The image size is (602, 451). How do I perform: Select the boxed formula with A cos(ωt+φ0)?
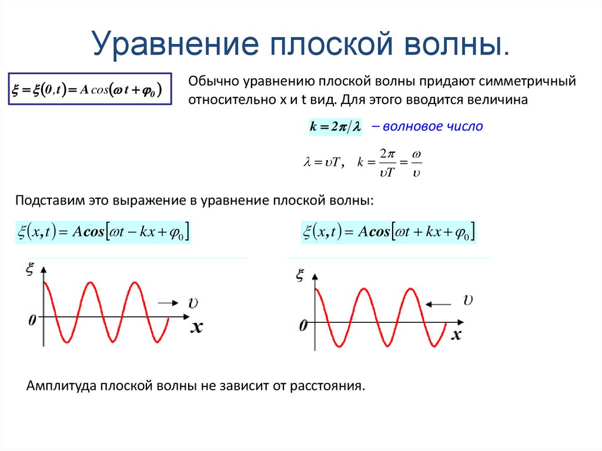click(x=89, y=89)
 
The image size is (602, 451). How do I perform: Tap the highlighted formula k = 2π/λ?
click(x=335, y=126)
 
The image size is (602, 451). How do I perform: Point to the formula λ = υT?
click(x=321, y=163)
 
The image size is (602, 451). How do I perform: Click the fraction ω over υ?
click(x=416, y=163)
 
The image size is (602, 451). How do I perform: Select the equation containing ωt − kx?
click(x=103, y=232)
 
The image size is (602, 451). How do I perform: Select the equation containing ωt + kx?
click(x=389, y=232)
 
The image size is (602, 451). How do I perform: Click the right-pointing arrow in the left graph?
click(x=168, y=303)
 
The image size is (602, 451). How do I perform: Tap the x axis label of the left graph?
click(x=196, y=327)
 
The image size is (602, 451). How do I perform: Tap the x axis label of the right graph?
click(x=456, y=335)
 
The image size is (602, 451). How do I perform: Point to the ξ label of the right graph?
click(x=301, y=275)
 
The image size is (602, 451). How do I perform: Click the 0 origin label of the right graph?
click(x=303, y=325)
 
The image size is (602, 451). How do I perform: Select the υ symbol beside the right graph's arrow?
click(x=468, y=301)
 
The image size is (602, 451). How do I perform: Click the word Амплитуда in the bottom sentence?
click(x=62, y=387)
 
